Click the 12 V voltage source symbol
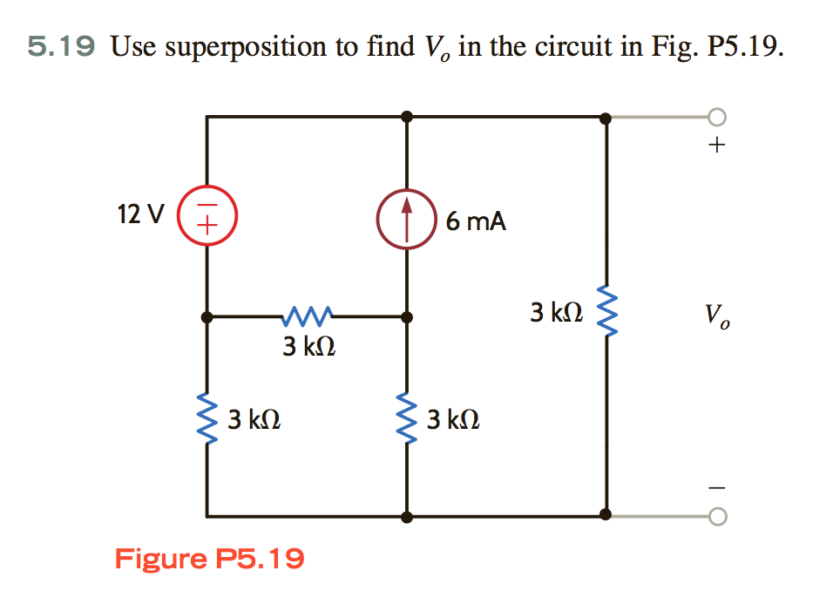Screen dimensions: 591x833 point(207,214)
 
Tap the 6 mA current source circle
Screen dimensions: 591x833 point(406,216)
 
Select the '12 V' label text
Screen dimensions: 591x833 point(139,214)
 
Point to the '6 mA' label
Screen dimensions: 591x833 point(475,221)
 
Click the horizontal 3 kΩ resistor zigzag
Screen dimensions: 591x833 point(306,315)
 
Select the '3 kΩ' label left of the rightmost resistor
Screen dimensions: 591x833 point(556,311)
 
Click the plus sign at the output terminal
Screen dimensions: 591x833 point(715,146)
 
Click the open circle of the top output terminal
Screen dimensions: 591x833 point(715,117)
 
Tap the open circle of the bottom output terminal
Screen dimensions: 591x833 point(715,517)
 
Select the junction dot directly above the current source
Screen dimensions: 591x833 point(407,116)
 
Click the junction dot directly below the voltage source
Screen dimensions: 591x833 point(207,317)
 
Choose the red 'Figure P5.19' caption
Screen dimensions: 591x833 point(209,558)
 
